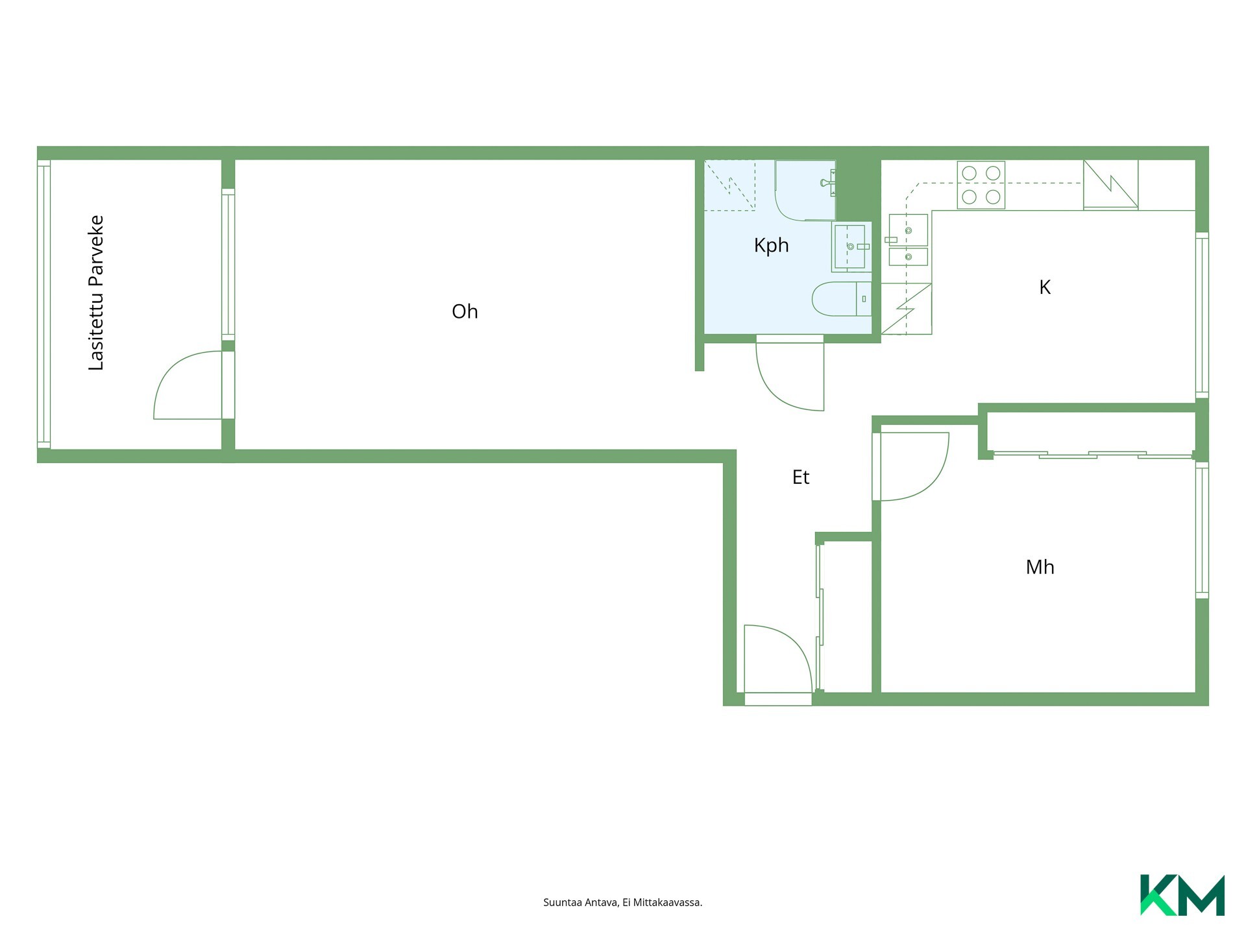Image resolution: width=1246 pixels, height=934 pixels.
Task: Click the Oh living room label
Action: pyautogui.click(x=465, y=311)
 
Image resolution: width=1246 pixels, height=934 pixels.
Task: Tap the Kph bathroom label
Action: pyautogui.click(x=771, y=246)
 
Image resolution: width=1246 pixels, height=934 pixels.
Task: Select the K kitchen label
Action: pyautogui.click(x=1045, y=287)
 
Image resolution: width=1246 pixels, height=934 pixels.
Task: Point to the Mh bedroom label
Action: pyautogui.click(x=1040, y=568)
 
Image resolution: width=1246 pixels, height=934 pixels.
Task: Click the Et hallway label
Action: pyautogui.click(x=801, y=477)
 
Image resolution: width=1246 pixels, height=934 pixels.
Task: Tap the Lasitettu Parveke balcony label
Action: pyautogui.click(x=96, y=293)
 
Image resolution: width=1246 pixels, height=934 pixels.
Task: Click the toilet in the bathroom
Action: pyautogui.click(x=842, y=299)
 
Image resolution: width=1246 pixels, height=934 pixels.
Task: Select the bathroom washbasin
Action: pyautogui.click(x=851, y=246)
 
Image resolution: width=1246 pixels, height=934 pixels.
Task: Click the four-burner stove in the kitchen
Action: pyautogui.click(x=981, y=185)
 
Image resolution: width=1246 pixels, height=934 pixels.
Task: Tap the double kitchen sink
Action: pyautogui.click(x=908, y=240)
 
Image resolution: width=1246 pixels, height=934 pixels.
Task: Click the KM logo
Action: pyautogui.click(x=1182, y=895)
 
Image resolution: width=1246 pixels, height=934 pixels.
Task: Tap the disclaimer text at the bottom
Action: pyautogui.click(x=623, y=902)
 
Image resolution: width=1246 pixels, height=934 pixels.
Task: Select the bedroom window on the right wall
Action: pyautogui.click(x=1202, y=531)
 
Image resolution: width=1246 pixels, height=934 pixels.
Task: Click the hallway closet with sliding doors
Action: pyautogui.click(x=844, y=617)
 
